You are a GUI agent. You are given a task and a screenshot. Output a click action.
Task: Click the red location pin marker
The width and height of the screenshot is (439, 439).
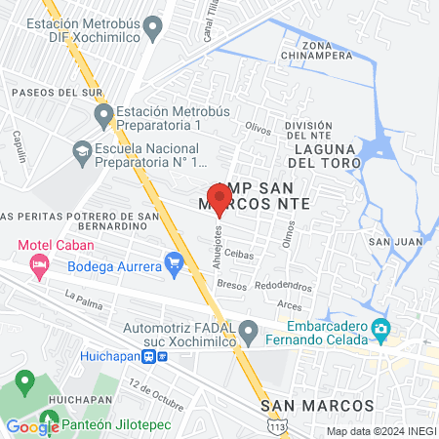219,198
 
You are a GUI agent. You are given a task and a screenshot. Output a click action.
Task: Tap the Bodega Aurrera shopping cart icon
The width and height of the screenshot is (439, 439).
175,261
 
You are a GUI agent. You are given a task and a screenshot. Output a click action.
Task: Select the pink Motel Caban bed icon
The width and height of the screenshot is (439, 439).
39,263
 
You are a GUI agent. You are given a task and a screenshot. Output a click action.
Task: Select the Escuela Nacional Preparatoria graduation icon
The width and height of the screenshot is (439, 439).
82,150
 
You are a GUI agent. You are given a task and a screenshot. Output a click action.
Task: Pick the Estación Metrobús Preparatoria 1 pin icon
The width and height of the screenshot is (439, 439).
104,118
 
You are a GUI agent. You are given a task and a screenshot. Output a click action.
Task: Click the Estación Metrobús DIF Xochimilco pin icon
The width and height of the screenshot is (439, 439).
153,30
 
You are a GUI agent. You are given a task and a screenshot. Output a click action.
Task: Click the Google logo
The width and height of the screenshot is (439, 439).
32,425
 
